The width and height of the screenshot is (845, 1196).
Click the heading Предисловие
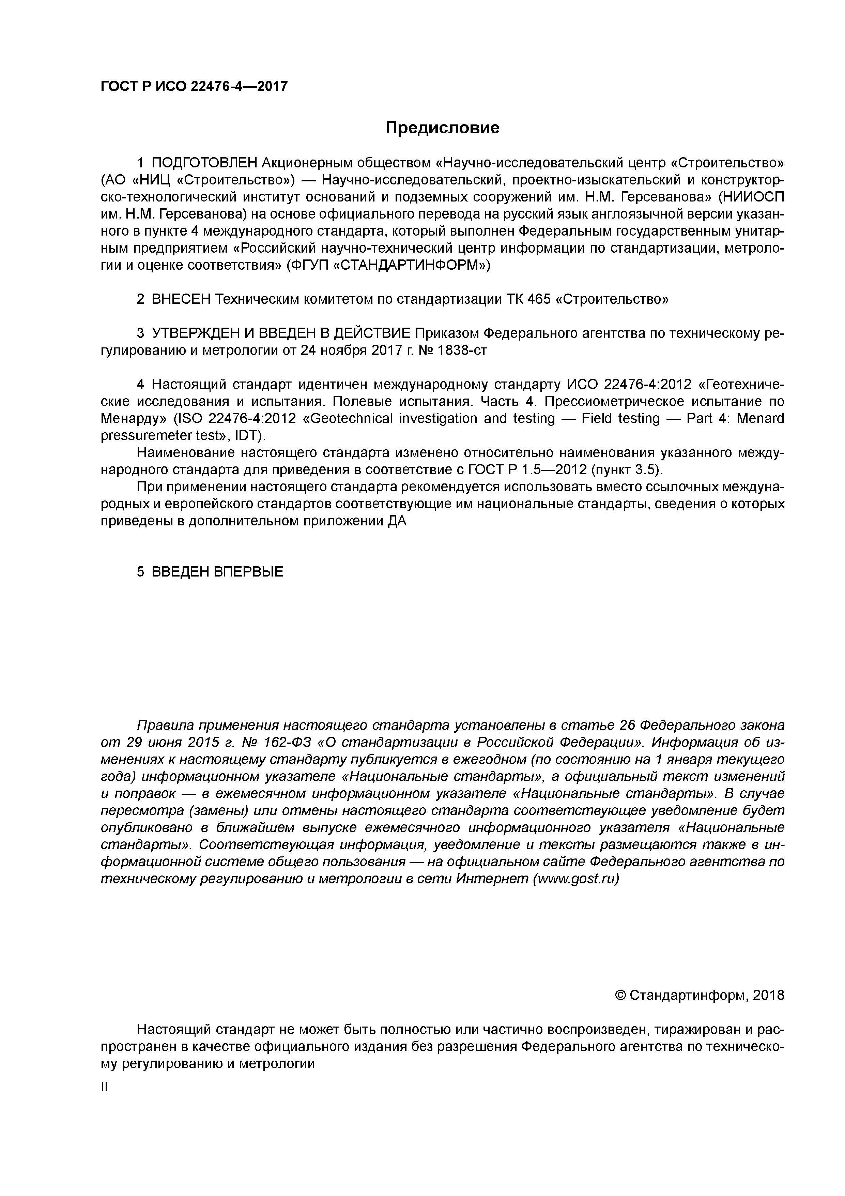tap(442, 128)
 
